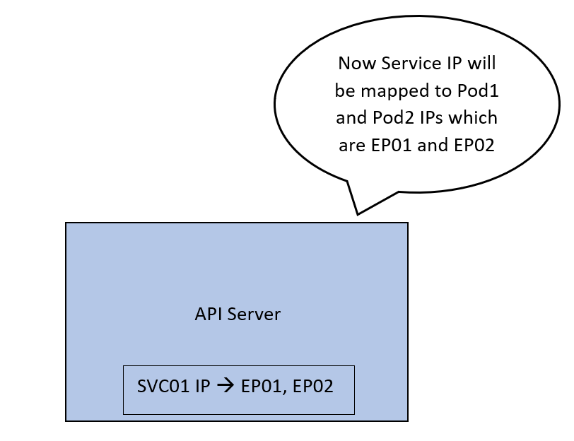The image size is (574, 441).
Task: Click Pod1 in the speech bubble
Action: pyautogui.click(x=478, y=90)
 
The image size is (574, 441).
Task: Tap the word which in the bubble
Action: pyautogui.click(x=473, y=117)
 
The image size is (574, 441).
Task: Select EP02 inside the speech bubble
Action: pyautogui.click(x=474, y=146)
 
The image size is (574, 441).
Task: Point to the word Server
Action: pyautogui.click(x=254, y=314)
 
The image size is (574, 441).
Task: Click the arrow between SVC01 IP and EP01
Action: pyautogui.click(x=225, y=386)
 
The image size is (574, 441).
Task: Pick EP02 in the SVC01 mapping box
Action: pyautogui.click(x=313, y=386)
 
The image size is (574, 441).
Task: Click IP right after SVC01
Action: pyautogui.click(x=203, y=386)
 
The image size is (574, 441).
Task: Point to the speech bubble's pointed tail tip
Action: pyautogui.click(x=357, y=214)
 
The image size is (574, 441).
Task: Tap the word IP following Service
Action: pyautogui.click(x=455, y=64)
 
